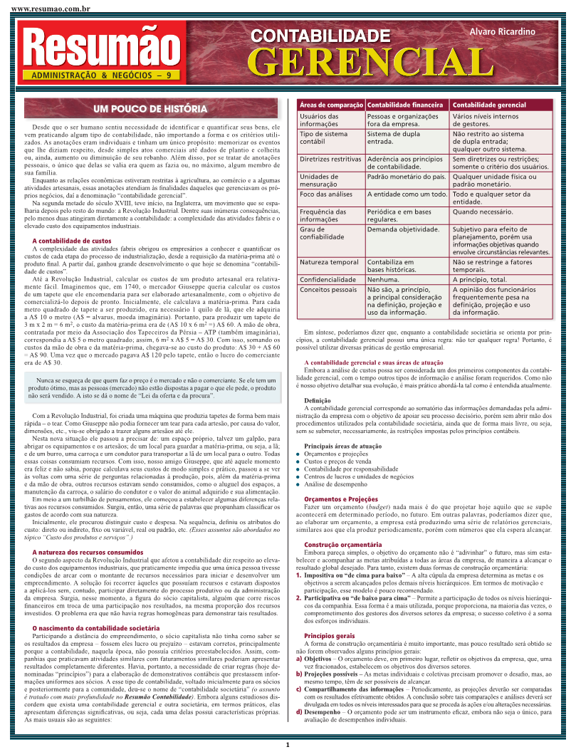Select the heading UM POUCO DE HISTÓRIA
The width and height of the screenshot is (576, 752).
(x=150, y=109)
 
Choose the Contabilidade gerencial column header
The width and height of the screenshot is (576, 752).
(x=490, y=105)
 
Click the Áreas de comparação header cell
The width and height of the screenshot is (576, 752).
(x=330, y=105)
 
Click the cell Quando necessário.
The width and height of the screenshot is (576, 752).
(x=482, y=211)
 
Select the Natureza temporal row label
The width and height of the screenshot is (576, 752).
(x=329, y=262)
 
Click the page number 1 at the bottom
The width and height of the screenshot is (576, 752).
(x=287, y=745)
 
